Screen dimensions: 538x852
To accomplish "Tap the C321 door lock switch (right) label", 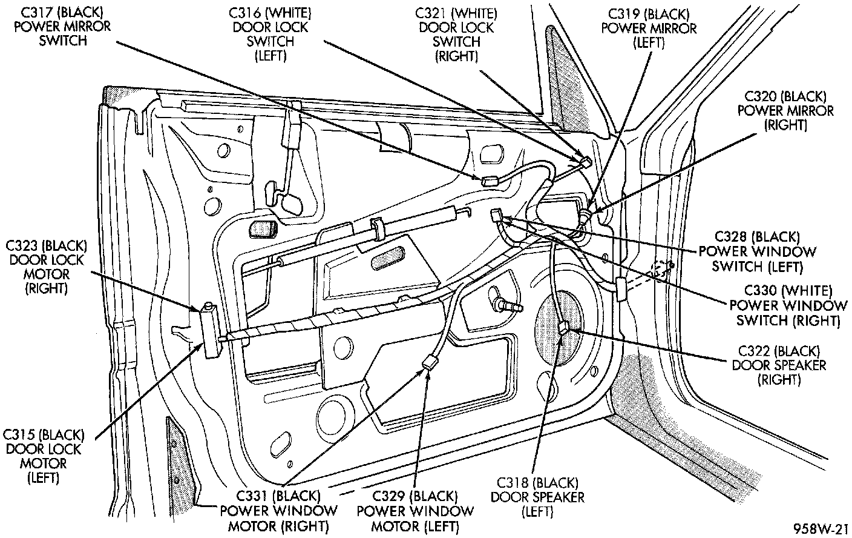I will (x=456, y=34).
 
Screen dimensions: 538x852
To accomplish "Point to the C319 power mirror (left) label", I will (x=648, y=27).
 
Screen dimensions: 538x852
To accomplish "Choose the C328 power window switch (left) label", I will (x=757, y=251).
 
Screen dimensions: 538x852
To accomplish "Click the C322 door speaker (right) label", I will (x=779, y=365).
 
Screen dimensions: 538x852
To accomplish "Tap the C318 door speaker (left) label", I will (x=537, y=497).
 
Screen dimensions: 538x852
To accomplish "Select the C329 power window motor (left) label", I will (x=415, y=511).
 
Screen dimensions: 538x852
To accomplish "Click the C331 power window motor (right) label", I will (x=278, y=511).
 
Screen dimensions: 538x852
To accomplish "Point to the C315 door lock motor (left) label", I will (x=43, y=456).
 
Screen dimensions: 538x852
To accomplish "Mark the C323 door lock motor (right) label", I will (x=47, y=267).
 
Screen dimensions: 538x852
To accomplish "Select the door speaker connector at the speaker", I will (x=564, y=329).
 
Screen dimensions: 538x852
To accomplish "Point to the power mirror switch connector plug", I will (x=488, y=180).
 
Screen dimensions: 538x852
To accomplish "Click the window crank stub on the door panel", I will (x=506, y=302).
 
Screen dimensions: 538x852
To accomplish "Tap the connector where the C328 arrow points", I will (x=497, y=214).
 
